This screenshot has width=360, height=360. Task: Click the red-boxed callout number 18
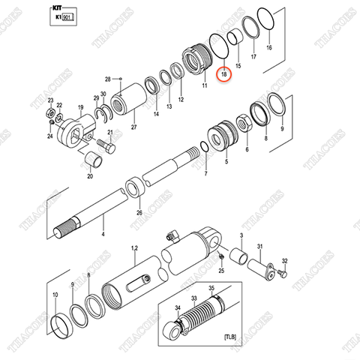[x=221, y=76]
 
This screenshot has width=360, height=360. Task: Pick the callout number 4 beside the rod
[x=103, y=234]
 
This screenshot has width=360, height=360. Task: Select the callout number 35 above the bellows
[x=211, y=288]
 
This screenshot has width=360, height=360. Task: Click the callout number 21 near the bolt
[x=109, y=133]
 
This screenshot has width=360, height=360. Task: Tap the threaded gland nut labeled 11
[x=198, y=60]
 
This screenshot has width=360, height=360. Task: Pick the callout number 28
[x=107, y=79]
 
